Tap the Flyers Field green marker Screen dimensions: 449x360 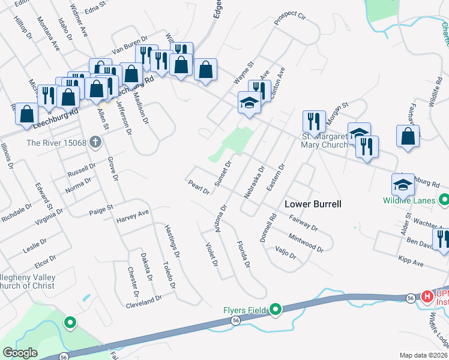point(276,310)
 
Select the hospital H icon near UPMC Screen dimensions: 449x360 point(427,296)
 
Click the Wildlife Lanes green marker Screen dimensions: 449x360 point(444,199)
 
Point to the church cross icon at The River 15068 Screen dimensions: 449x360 point(94,143)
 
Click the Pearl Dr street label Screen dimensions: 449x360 point(198,187)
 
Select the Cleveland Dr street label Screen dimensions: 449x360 point(144,300)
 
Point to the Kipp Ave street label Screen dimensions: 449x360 point(411,262)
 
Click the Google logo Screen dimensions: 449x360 point(20,353)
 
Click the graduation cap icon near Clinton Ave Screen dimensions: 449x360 point(249,103)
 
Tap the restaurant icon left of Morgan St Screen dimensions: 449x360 point(314,122)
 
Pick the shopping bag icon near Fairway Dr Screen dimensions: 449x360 point(408,135)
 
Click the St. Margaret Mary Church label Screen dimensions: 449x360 point(324,140)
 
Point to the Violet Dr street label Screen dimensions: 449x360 point(211,254)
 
